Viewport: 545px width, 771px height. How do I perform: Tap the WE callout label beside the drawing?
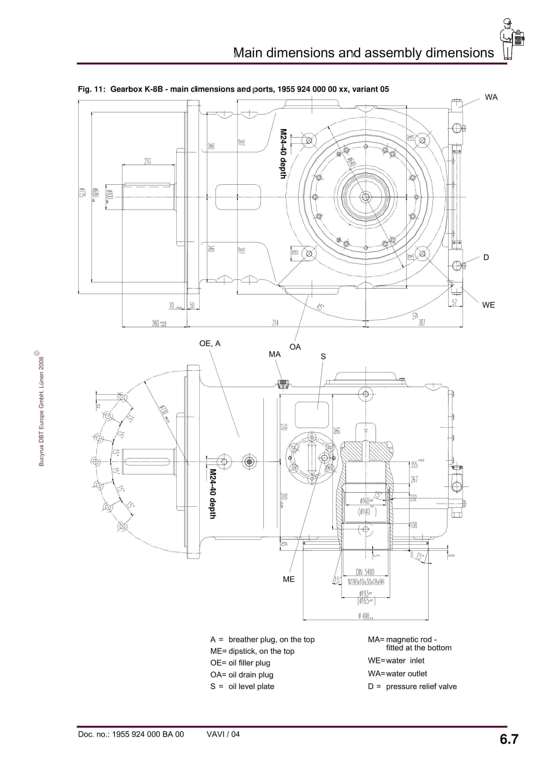[488, 305]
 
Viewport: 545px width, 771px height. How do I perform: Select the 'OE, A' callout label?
[210, 344]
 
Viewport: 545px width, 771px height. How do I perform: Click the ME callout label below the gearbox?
[288, 579]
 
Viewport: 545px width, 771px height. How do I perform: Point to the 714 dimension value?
[275, 323]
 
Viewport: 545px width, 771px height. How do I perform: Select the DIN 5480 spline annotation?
[365, 572]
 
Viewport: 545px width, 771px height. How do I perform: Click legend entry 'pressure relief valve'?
[421, 686]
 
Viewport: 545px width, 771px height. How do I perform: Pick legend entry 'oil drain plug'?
[251, 675]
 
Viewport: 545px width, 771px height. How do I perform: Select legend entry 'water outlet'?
[406, 674]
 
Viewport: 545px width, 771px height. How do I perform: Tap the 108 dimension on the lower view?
[413, 525]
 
